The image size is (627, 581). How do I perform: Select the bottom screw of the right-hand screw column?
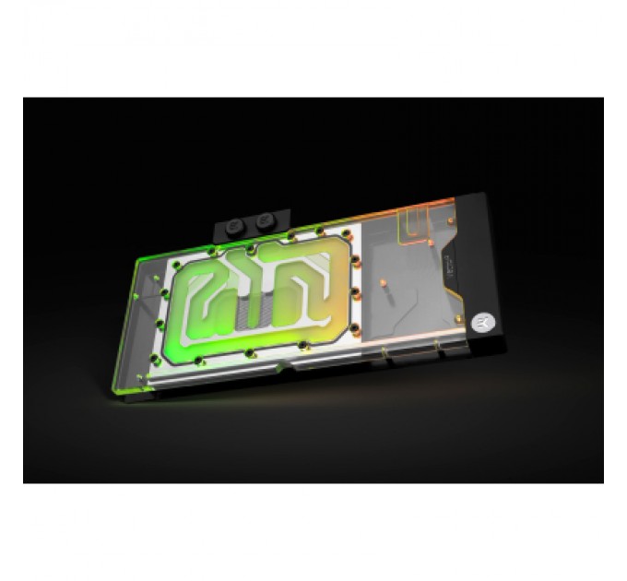[x=354, y=324]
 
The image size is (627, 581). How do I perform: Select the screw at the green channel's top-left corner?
[x=213, y=247]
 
